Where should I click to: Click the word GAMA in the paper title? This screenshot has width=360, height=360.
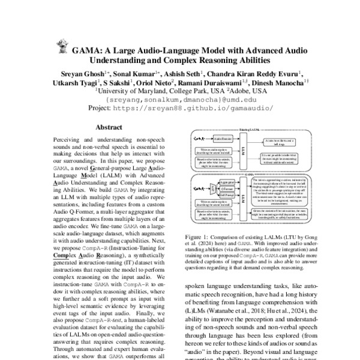87,50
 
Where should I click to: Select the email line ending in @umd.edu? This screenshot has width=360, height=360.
179,99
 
